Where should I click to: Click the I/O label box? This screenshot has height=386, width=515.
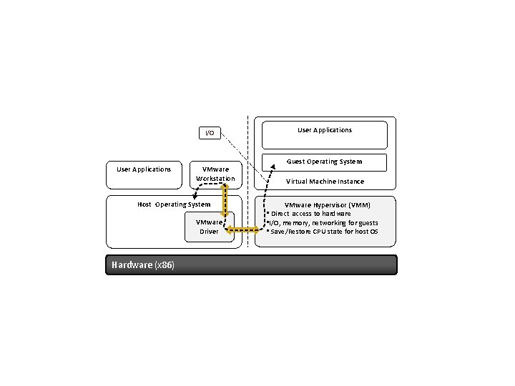210,133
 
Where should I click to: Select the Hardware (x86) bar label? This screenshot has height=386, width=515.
142,265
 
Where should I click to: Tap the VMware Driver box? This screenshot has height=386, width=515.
209,227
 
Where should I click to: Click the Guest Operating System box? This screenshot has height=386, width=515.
324,162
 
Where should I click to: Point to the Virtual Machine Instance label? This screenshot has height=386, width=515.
325,182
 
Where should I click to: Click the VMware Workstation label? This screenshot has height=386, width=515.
215,174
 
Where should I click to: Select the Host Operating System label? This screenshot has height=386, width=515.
174,204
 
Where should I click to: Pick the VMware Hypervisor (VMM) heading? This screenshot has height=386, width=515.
327,204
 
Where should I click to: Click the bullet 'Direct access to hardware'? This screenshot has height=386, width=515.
310,214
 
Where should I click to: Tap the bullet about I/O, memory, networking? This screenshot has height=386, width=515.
323,223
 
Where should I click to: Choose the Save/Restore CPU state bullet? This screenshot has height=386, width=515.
323,232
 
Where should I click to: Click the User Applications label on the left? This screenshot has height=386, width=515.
144,169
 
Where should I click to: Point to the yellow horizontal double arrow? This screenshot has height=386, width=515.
243,230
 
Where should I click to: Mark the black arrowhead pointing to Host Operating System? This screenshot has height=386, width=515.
195,195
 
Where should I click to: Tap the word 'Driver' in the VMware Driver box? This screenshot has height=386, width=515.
209,232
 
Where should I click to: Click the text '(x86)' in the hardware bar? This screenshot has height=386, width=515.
165,265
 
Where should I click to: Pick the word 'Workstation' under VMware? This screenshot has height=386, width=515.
215,178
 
